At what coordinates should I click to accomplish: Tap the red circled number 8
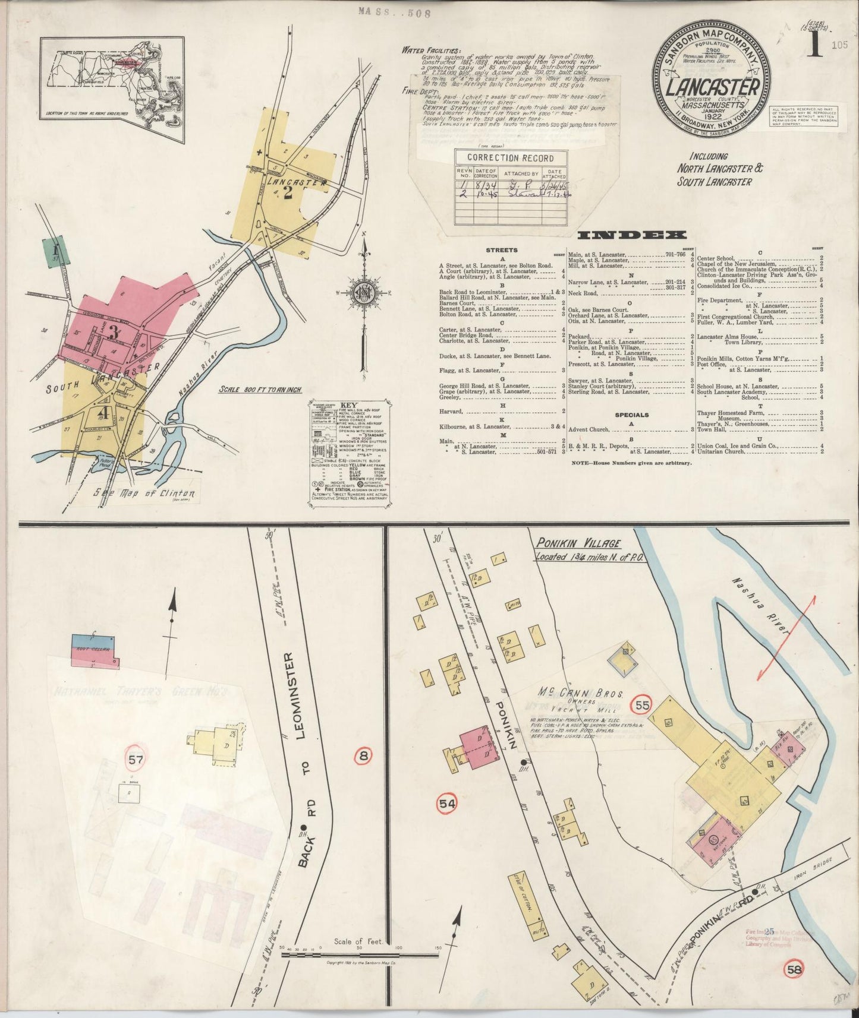[363, 756]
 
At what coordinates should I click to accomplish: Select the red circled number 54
[448, 804]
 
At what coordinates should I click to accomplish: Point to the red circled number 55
[641, 706]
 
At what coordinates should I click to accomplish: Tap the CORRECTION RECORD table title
[511, 158]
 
